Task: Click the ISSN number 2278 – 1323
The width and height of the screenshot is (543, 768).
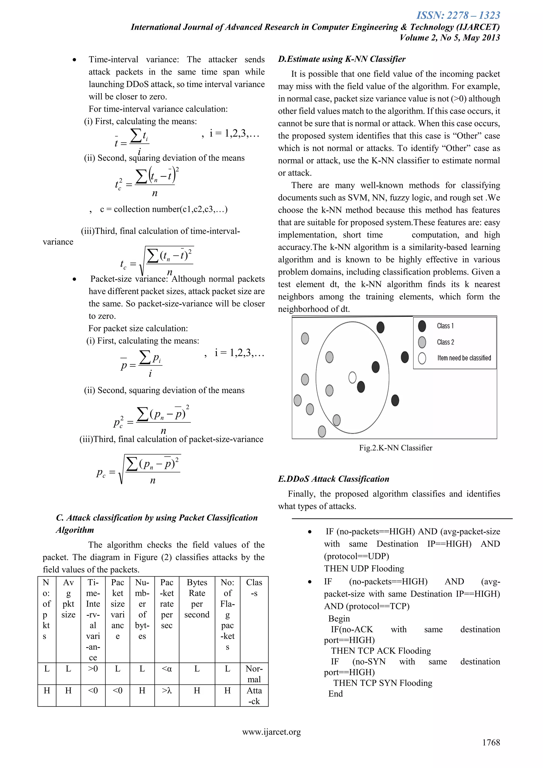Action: point(458,15)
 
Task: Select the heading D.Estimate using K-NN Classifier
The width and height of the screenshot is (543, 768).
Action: point(341,59)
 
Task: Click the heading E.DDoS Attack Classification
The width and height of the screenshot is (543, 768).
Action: point(333,479)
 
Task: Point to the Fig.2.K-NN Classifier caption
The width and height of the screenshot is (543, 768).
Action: point(396,448)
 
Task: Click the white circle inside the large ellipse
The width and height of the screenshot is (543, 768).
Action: point(352,377)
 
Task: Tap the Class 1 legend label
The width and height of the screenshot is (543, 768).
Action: point(445,326)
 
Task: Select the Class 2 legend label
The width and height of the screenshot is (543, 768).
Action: point(445,342)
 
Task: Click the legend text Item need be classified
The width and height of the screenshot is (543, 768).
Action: point(464,358)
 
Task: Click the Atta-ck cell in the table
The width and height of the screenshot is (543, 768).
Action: point(254,696)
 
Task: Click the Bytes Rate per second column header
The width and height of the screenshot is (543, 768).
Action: point(197,599)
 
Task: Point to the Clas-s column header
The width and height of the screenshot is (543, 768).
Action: point(254,588)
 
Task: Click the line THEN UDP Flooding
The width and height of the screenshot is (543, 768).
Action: point(364,568)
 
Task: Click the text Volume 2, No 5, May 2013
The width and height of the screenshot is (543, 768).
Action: point(449,37)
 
